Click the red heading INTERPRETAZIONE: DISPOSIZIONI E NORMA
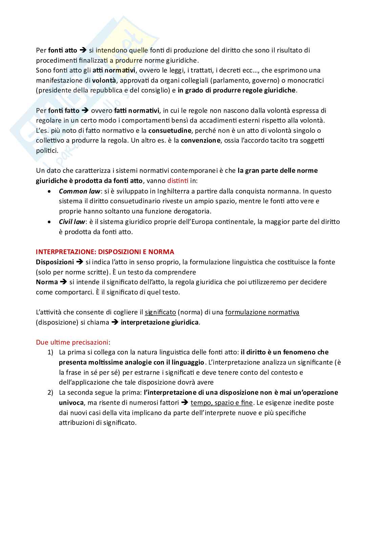pyautogui.click(x=105, y=252)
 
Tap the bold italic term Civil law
pyautogui.click(x=72, y=222)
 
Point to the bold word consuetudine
pyautogui.click(x=167, y=130)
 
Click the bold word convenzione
pyautogui.click(x=201, y=141)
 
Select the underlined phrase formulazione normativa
pyautogui.click(x=262, y=312)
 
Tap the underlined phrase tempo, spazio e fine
pyautogui.click(x=222, y=403)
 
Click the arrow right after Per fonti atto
pyautogui.click(x=83, y=50)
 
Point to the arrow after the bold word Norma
pyautogui.click(x=63, y=282)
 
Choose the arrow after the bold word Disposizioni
pyautogui.click(x=80, y=262)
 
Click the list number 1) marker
pyautogui.click(x=50, y=352)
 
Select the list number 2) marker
pyautogui.click(x=50, y=393)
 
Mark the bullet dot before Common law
pyautogui.click(x=50, y=191)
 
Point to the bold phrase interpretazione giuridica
pyautogui.click(x=160, y=322)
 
